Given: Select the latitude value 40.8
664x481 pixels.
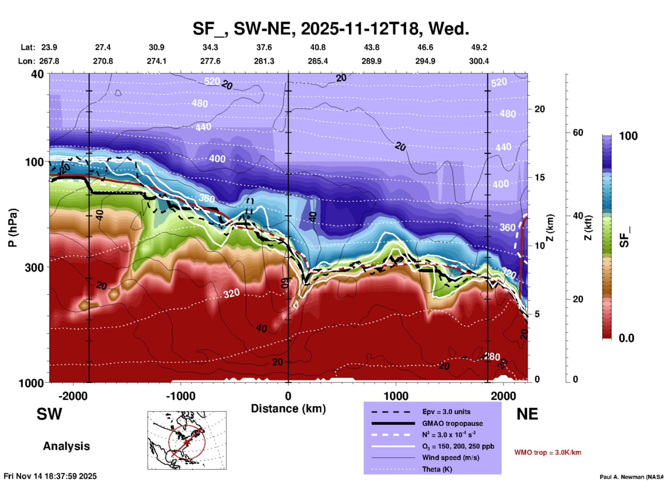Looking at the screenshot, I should point(318,47).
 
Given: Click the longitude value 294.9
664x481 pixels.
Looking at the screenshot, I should point(425,61).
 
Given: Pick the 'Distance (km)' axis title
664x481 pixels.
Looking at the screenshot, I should point(288,409).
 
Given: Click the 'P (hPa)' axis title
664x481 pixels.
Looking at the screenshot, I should point(13,228).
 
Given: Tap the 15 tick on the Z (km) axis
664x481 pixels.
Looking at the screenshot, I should point(540,177).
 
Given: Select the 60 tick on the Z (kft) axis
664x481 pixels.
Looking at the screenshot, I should point(578,132).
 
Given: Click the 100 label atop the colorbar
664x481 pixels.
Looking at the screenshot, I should point(628,136).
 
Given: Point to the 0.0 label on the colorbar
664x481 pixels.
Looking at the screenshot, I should point(626,338).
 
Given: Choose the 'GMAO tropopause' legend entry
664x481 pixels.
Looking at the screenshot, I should point(452,423).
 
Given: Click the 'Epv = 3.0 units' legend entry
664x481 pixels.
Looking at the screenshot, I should point(446,412).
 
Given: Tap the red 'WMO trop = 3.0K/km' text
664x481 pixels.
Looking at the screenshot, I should point(547,452).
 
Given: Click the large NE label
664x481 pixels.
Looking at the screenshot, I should point(527,414).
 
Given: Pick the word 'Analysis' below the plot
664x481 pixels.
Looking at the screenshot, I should point(66,446).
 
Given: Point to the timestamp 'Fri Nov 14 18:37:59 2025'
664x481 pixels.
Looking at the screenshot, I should point(50,476).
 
